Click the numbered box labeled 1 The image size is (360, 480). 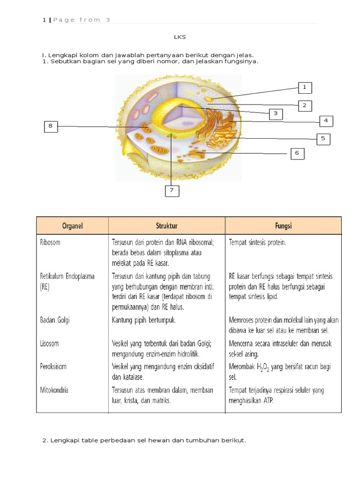[x=304, y=88]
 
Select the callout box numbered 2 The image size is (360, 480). [x=304, y=105]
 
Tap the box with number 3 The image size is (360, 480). [x=276, y=113]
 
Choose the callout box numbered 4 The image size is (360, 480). [x=325, y=121]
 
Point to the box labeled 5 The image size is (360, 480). [x=323, y=139]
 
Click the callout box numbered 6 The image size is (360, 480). [x=297, y=153]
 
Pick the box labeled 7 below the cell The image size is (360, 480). [x=172, y=190]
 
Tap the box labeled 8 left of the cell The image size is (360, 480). [x=51, y=126]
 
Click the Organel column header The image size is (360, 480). [x=72, y=225]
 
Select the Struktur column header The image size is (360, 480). [x=166, y=225]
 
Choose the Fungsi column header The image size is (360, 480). [x=283, y=225]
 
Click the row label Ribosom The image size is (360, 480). [x=51, y=243]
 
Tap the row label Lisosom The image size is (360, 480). [x=50, y=344]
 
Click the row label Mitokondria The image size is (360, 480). [x=54, y=390]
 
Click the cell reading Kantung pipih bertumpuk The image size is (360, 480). [x=144, y=320]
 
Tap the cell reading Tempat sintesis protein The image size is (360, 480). [x=257, y=243]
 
